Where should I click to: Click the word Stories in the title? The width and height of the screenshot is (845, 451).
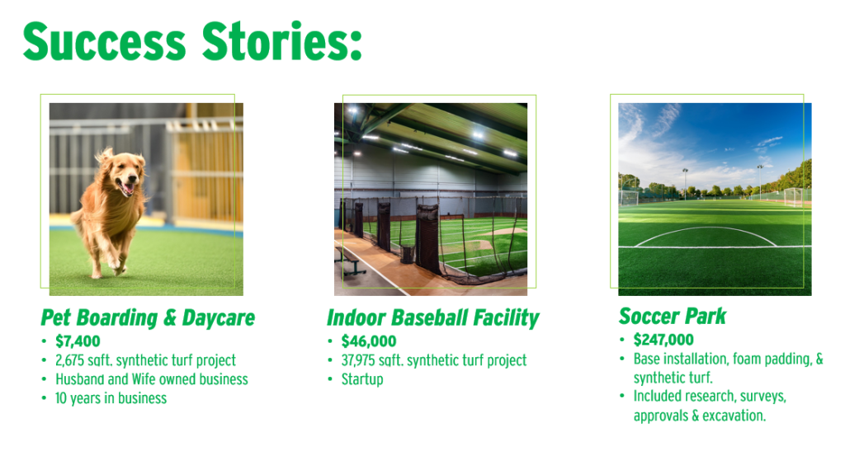pyautogui.click(x=282, y=41)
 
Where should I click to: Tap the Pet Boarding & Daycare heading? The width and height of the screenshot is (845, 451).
pyautogui.click(x=148, y=318)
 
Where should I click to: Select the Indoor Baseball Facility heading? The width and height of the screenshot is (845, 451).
pyautogui.click(x=432, y=318)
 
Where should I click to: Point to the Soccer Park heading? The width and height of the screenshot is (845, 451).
pyautogui.click(x=673, y=317)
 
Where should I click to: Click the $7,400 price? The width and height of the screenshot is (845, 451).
pyautogui.click(x=78, y=341)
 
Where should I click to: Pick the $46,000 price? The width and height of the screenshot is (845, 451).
pyautogui.click(x=369, y=341)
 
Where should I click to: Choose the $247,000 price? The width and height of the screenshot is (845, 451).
pyautogui.click(x=663, y=340)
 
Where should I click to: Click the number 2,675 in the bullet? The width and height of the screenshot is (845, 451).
pyautogui.click(x=69, y=360)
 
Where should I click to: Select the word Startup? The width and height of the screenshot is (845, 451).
pyautogui.click(x=362, y=379)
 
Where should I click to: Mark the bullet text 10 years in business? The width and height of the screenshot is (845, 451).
pyautogui.click(x=111, y=398)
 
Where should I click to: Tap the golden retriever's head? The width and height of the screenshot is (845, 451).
pyautogui.click(x=126, y=173)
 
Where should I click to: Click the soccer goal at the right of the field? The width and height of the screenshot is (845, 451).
pyautogui.click(x=793, y=196)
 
